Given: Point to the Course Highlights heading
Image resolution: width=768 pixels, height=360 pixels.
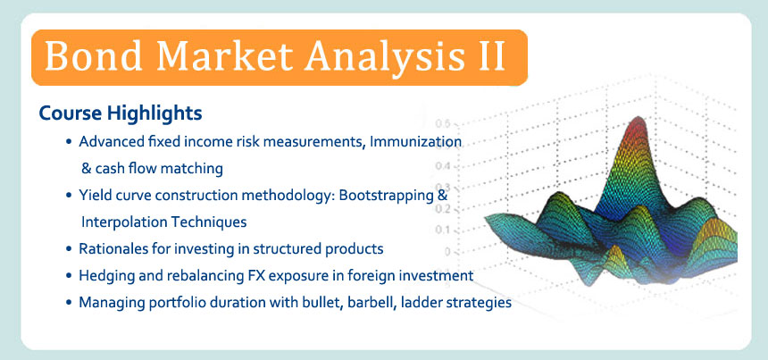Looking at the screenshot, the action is (x=120, y=113).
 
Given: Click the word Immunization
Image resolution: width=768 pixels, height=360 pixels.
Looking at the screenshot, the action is (x=415, y=141).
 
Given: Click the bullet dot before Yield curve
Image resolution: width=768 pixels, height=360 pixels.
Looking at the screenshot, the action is (x=69, y=196).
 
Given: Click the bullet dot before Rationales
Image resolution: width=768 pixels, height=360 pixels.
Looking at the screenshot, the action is (x=69, y=249).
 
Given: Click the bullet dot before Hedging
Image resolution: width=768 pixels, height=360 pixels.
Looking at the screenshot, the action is (x=69, y=276).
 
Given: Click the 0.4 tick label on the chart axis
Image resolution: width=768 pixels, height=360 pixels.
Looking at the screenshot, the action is (x=443, y=166).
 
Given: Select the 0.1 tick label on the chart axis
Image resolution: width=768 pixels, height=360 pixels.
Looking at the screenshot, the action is (x=443, y=230).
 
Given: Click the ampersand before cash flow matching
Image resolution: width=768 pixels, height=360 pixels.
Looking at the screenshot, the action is (x=87, y=169).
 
